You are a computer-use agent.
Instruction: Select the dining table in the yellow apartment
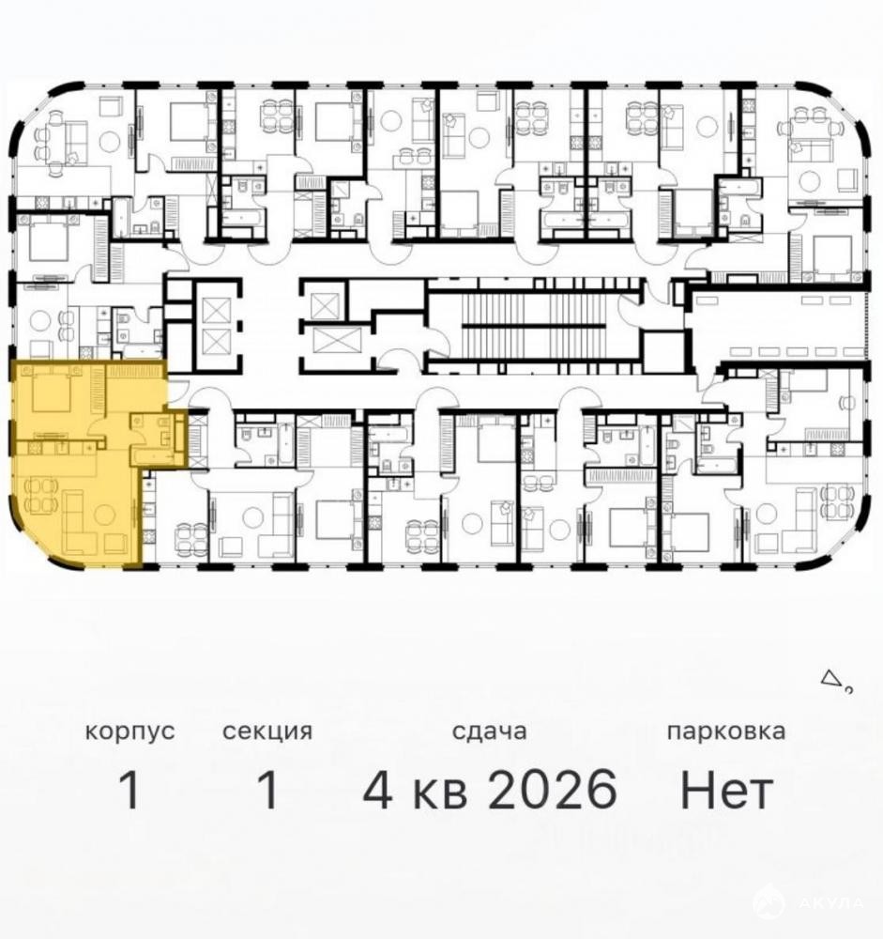pyautogui.click(x=40, y=496)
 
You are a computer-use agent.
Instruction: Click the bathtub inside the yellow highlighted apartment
pyautogui.click(x=156, y=457)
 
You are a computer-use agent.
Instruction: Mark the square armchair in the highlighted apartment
pyautogui.click(x=114, y=544)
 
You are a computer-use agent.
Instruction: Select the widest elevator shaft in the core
pyautogui.click(x=328, y=341)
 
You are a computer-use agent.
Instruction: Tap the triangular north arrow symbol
pyautogui.click(x=830, y=678)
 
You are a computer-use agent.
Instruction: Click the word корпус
pyautogui.click(x=129, y=731)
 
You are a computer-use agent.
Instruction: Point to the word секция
pyautogui.click(x=267, y=731)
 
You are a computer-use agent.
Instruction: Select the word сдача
pyautogui.click(x=489, y=731)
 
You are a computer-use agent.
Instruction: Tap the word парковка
pyautogui.click(x=726, y=731)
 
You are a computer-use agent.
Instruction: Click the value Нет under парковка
pyautogui.click(x=726, y=790)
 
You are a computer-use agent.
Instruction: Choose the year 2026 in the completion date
pyautogui.click(x=552, y=790)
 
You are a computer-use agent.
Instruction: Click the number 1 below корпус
pyautogui.click(x=129, y=790)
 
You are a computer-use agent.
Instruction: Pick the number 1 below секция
pyautogui.click(x=267, y=790)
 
